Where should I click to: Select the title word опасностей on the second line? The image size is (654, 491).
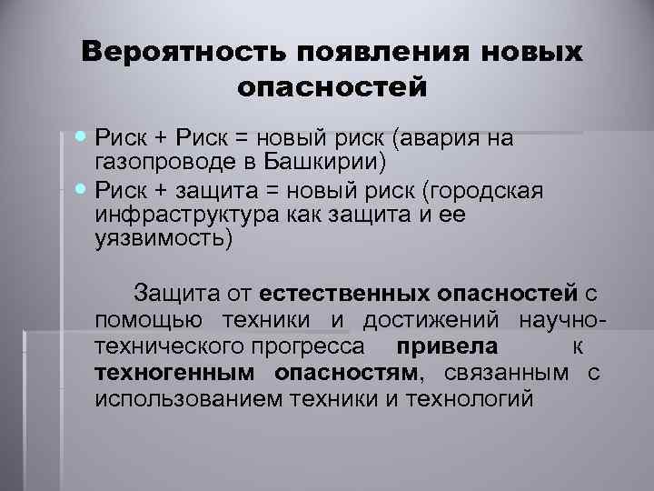click(331, 88)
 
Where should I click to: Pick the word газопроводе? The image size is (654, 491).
click(166, 163)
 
